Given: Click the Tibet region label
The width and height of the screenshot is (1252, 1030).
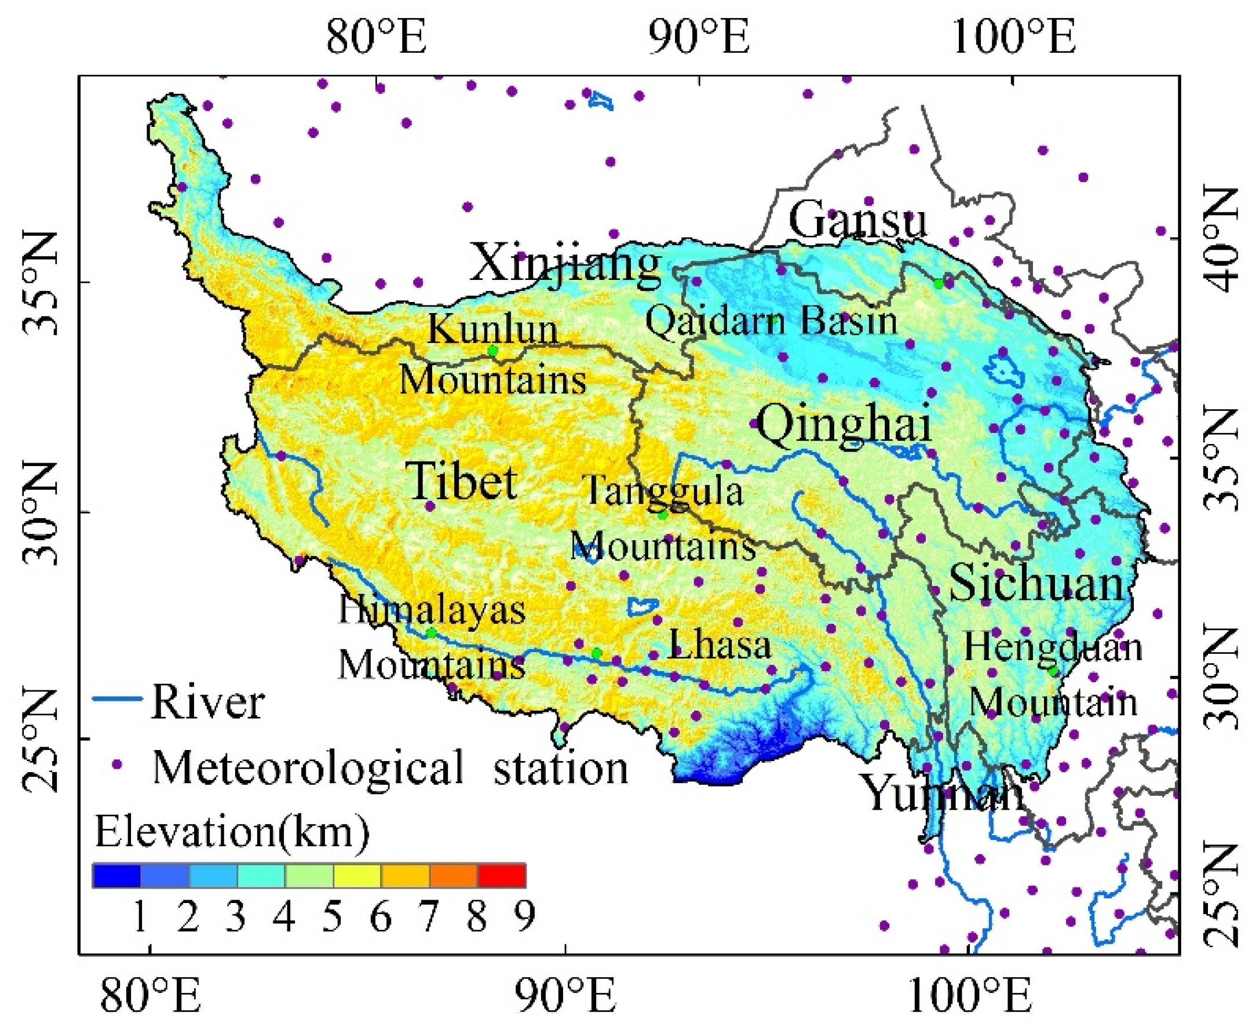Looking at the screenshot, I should point(461,481).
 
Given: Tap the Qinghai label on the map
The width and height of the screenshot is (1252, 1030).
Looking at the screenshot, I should point(844,424).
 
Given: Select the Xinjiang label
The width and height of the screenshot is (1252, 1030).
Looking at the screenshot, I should point(565,263).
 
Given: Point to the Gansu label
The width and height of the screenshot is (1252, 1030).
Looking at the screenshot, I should point(857,220).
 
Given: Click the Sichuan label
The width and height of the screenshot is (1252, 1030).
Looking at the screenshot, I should point(1036,583).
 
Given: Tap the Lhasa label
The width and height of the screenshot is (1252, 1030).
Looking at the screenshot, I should point(720,645).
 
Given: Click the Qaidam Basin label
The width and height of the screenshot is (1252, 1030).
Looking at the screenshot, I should point(771,321).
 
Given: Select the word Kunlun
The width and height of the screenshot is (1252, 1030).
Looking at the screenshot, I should point(493,329).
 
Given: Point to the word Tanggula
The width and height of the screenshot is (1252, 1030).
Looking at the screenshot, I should point(663,492).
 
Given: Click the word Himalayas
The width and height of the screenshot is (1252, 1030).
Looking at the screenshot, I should point(432,609).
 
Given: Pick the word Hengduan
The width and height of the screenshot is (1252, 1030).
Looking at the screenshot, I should point(1053,647).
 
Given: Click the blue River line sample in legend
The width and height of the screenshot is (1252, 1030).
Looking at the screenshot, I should point(117,698).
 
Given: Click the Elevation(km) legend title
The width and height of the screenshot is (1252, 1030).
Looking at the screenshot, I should point(231,831).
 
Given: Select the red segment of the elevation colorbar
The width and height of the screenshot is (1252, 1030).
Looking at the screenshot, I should point(502,875).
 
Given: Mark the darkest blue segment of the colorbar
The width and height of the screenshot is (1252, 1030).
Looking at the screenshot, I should point(116,875).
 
